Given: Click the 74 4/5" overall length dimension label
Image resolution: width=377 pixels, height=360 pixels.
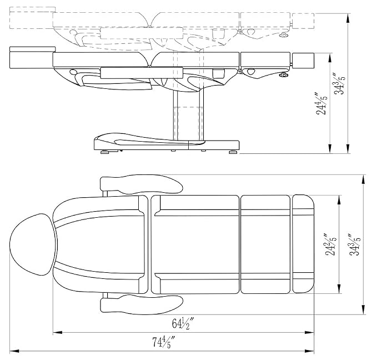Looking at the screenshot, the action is (x=163, y=342).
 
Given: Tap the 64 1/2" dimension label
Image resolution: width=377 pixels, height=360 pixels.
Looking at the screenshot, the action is (x=183, y=323).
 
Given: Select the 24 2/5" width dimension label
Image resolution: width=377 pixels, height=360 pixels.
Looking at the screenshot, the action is (x=330, y=244).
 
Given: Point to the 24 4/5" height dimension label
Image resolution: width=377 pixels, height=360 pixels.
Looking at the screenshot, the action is (x=321, y=103).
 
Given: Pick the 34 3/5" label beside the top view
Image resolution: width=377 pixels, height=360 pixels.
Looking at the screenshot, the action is (x=355, y=244).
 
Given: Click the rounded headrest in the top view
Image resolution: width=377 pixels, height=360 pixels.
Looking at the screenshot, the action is (x=33, y=244).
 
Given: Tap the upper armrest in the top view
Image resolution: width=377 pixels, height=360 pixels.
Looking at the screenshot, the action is (x=142, y=184).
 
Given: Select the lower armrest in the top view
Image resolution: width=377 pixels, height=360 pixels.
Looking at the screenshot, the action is (x=142, y=304).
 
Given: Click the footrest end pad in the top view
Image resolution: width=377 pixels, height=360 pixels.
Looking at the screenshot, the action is (x=303, y=244).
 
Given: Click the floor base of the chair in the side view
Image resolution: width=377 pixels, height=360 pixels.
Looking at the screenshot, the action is (x=167, y=142).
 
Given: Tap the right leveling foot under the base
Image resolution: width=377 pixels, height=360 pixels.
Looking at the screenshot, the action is (x=233, y=152).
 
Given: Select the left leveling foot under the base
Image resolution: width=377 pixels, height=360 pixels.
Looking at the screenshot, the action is (x=105, y=152).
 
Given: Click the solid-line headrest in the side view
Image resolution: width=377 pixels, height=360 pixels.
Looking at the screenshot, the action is (x=32, y=58).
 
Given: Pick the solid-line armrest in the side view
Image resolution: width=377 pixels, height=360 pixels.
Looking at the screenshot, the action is (x=142, y=73).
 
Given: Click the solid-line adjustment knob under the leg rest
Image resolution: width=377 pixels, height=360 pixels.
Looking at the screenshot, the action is (x=284, y=75).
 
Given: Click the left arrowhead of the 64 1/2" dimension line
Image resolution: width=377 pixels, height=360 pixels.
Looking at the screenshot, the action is (x=57, y=333).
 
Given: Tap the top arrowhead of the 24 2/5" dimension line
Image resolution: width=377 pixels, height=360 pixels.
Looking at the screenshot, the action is (x=339, y=200).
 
